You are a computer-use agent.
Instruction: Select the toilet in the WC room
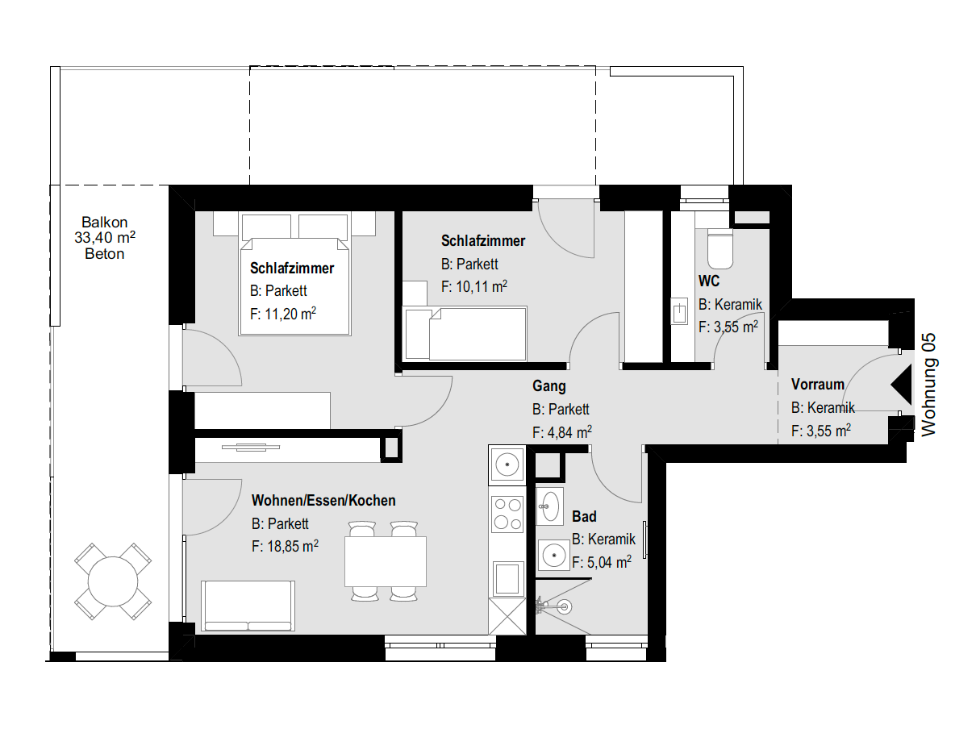[x=719, y=249]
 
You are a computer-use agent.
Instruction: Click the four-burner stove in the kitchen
[x=507, y=514]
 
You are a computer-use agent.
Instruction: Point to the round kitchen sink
[x=507, y=464]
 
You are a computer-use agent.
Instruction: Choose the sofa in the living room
[x=248, y=606]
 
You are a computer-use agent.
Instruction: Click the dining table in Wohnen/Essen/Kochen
[x=385, y=561]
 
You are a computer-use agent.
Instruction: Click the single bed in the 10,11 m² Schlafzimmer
[x=466, y=332]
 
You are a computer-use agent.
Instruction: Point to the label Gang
[x=549, y=386]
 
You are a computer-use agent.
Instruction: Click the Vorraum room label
[x=817, y=385]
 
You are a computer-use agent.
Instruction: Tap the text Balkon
[x=105, y=223]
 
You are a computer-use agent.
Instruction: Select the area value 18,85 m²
[x=285, y=547]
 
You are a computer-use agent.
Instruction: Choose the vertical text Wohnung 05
[x=929, y=385]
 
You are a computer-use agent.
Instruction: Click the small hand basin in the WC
[x=679, y=311]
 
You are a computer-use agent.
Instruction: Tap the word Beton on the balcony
[x=105, y=254]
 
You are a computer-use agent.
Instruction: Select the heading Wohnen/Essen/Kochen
[x=323, y=501]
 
